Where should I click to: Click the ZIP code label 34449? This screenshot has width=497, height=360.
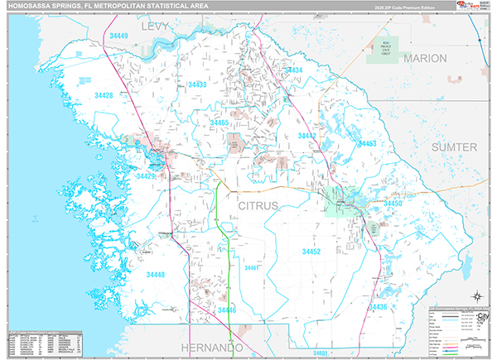coord(118,36)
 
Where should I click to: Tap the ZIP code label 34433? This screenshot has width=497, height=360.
coord(197,84)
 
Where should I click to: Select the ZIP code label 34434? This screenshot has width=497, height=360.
coord(293,71)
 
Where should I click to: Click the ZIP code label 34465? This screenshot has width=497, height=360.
coord(220,122)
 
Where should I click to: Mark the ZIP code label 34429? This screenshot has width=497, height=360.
coord(147,176)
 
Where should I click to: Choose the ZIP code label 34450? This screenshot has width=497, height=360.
coord(392,203)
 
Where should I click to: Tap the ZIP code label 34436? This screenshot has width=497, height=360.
coord(377,307)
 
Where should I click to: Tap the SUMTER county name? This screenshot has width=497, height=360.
coord(454,146)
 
